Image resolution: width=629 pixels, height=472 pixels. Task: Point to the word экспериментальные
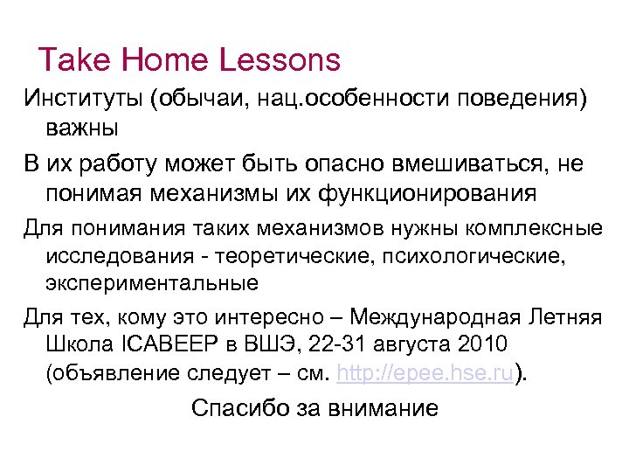pyautogui.click(x=151, y=282)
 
